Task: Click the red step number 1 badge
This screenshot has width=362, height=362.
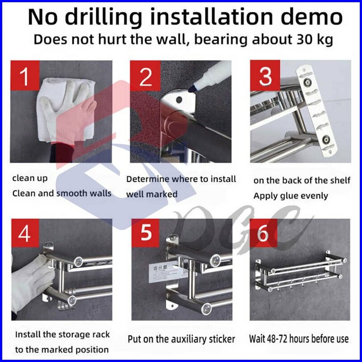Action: pyautogui.click(x=25, y=76)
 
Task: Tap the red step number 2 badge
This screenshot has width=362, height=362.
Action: pyautogui.click(x=145, y=76)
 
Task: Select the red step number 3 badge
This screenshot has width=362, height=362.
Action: pyautogui.click(x=265, y=76)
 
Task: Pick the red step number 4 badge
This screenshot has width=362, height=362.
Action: pyautogui.click(x=25, y=233)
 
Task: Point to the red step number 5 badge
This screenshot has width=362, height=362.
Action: pyautogui.click(x=145, y=233)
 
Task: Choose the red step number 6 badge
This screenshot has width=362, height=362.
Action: pyautogui.click(x=263, y=233)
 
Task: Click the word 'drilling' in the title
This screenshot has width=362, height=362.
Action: pyautogui.click(x=104, y=17)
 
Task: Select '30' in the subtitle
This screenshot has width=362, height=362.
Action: pyautogui.click(x=304, y=39)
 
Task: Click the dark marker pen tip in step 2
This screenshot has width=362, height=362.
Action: pyautogui.click(x=191, y=88)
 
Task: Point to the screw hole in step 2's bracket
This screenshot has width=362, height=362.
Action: pyautogui.click(x=179, y=100)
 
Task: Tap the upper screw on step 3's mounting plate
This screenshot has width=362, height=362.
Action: pyautogui.click(x=307, y=81)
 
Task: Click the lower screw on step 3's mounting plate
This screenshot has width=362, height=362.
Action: pyautogui.click(x=326, y=139)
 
